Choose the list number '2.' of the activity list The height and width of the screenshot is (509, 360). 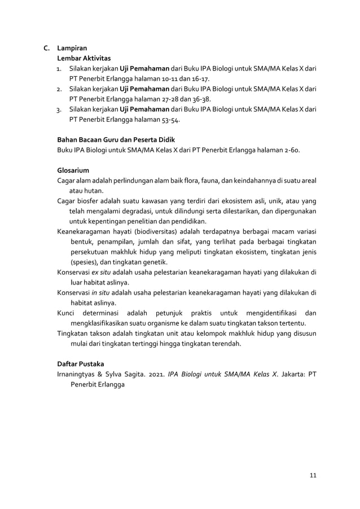click(59, 89)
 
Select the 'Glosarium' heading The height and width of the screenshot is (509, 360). click(73, 170)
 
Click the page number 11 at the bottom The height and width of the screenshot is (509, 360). click(313, 475)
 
